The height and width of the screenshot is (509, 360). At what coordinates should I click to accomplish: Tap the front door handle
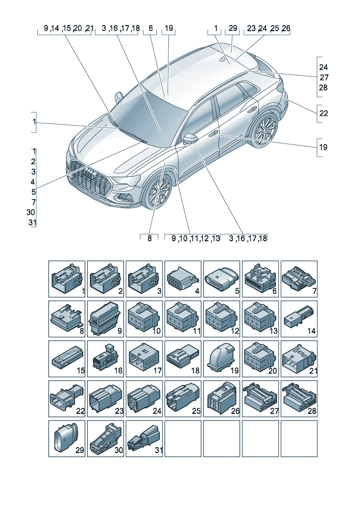point(213,133)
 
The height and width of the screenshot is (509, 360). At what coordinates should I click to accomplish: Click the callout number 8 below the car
point(150,238)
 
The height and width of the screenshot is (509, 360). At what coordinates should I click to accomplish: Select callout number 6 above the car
point(151,28)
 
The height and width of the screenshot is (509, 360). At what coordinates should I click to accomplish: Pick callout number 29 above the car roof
point(233,28)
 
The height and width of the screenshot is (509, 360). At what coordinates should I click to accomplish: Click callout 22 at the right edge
point(323,113)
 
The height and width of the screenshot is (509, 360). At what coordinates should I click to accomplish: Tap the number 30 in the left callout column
point(31,213)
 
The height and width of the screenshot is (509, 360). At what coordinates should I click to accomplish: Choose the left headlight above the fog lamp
point(127,180)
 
